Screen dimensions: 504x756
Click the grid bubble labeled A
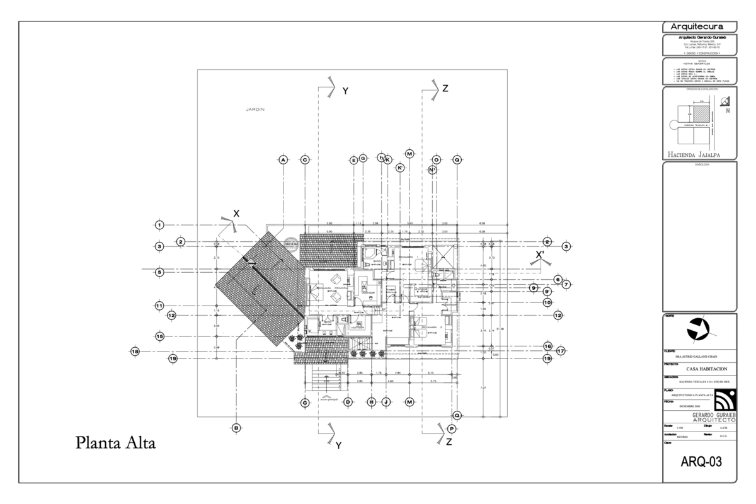tap(283, 160)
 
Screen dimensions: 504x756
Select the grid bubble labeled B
tap(237, 428)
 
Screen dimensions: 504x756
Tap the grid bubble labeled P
tap(452, 428)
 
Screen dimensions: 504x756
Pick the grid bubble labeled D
tap(347, 402)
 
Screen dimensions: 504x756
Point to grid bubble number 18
tap(135, 351)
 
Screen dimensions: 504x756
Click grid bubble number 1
tap(160, 225)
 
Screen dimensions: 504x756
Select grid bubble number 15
tap(160, 337)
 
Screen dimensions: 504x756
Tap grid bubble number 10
tap(547, 302)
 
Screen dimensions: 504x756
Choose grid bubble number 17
tap(560, 351)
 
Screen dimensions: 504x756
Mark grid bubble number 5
tap(160, 272)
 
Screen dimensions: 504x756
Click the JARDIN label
tap(255, 110)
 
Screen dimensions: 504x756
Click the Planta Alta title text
tap(115, 443)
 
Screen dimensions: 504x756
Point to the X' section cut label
tap(540, 255)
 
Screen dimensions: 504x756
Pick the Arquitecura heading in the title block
tap(700, 26)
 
